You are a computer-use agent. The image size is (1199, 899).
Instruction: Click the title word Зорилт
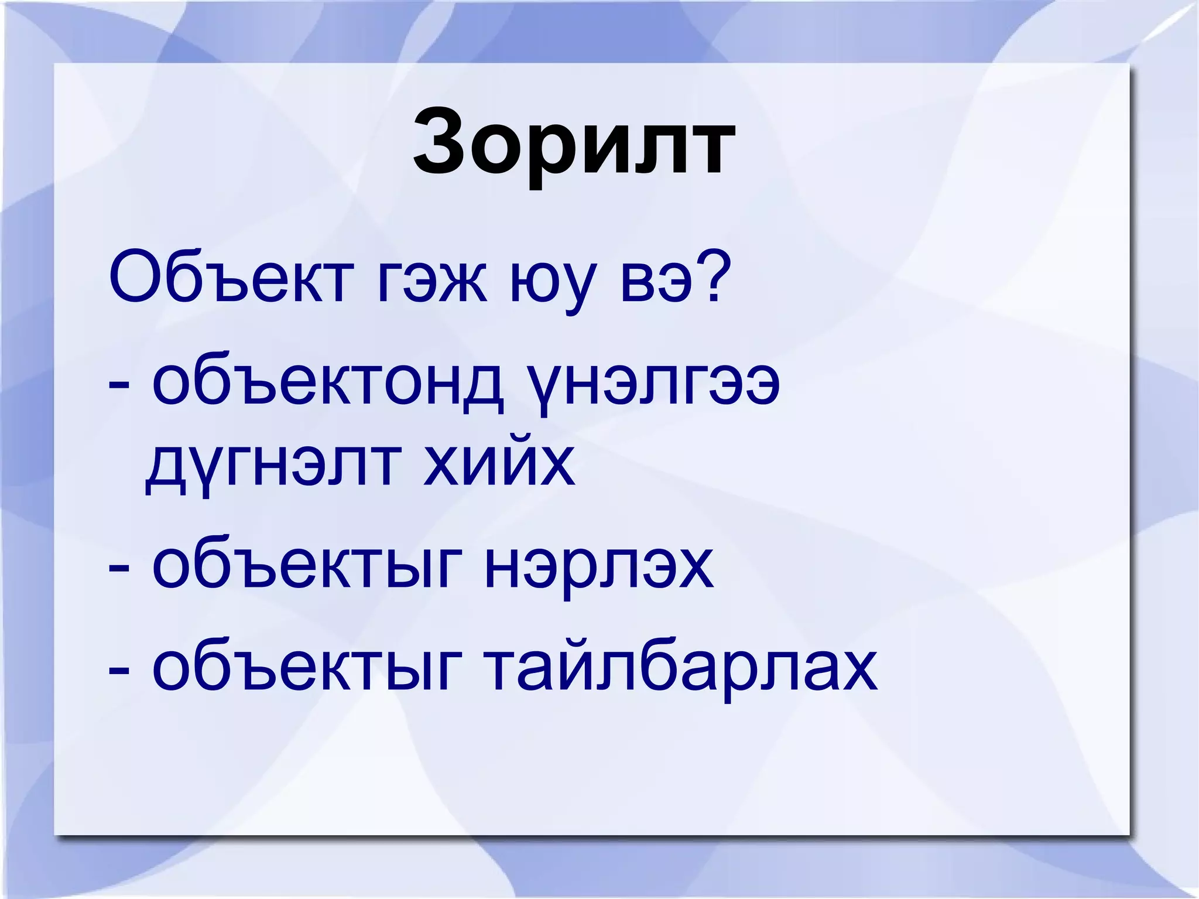point(574,143)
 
